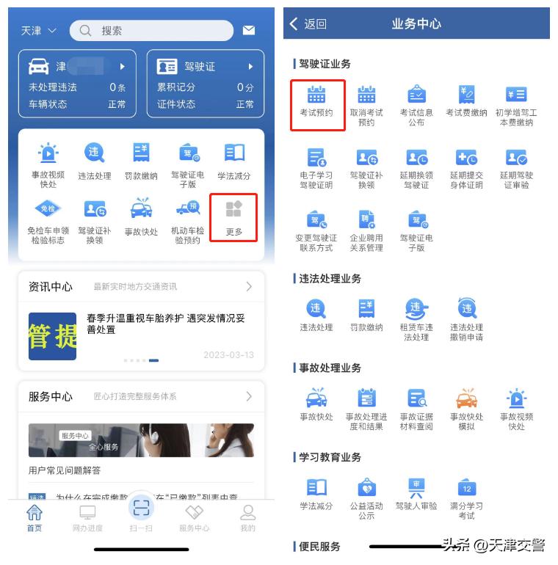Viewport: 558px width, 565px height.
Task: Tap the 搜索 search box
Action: tap(151, 30)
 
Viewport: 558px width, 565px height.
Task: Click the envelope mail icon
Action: tap(249, 30)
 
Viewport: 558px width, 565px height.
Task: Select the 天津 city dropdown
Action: tap(38, 31)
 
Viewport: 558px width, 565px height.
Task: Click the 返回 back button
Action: tap(308, 23)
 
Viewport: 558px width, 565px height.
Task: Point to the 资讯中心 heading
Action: tap(51, 286)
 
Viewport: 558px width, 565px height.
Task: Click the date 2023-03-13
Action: tap(228, 355)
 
